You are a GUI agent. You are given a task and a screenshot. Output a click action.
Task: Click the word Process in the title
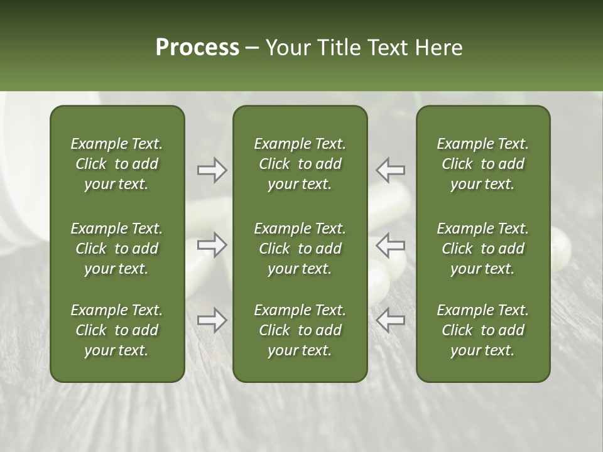coord(197,48)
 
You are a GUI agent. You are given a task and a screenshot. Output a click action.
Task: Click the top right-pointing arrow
coord(212,170)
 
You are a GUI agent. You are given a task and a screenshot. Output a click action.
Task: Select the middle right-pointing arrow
coord(212,244)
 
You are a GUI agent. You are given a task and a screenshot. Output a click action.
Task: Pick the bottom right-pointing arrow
coord(212,320)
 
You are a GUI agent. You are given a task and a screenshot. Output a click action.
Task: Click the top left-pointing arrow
coord(391,170)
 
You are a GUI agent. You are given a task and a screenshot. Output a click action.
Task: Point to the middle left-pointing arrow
coord(391,244)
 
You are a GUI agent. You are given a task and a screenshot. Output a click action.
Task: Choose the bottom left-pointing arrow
coord(391,320)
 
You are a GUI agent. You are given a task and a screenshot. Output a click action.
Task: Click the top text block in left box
coord(117,164)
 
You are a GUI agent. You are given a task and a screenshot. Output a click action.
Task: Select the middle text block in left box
coord(117,249)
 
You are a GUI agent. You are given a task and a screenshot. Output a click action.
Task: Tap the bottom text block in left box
coord(117,330)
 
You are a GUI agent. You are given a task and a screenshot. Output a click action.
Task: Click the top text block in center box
coord(300,164)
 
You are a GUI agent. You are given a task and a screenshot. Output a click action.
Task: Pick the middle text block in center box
coord(300,249)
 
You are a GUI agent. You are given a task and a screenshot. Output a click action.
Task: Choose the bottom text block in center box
coord(300,330)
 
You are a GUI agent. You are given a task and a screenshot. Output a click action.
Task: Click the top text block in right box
coord(482,164)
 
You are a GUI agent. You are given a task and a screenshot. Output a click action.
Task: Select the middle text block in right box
coord(482,249)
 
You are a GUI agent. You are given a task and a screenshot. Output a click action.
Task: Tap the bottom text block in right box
coord(482,330)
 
